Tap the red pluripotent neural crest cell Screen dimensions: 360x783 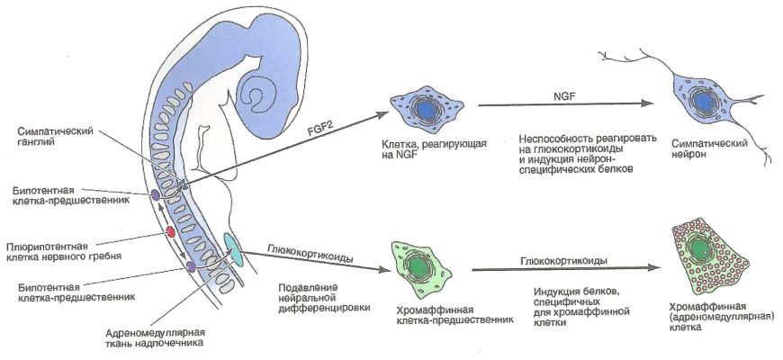point(168,234)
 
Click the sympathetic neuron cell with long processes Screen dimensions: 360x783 point(701,106)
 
